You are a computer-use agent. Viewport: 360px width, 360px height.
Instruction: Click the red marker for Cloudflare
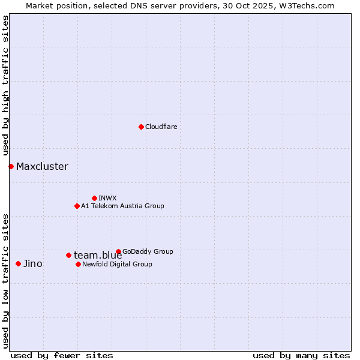click(x=141, y=127)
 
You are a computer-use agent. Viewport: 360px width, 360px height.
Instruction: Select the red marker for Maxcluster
click(x=11, y=166)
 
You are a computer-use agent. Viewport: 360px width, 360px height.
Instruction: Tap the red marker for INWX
click(x=94, y=198)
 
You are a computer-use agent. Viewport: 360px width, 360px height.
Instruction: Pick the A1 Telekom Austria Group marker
click(x=77, y=206)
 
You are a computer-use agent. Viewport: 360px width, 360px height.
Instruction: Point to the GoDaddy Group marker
click(x=118, y=251)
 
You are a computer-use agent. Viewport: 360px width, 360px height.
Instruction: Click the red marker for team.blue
click(x=68, y=255)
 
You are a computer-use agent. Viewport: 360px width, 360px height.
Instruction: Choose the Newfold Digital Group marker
click(x=78, y=264)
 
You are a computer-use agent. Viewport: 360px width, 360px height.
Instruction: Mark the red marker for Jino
click(x=18, y=263)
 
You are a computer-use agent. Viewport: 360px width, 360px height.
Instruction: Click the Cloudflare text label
click(x=161, y=127)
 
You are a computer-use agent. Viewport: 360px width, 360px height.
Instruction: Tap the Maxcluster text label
click(x=42, y=167)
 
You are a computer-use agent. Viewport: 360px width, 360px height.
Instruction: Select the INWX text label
click(x=107, y=198)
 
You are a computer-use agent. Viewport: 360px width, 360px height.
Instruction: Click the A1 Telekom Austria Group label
click(x=122, y=206)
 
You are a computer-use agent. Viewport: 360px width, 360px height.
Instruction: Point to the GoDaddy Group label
click(x=148, y=251)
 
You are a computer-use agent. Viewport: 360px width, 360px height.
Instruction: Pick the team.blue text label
click(x=98, y=256)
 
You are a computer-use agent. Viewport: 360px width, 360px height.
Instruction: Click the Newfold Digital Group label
click(x=117, y=264)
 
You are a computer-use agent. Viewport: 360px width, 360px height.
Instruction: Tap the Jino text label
click(x=32, y=264)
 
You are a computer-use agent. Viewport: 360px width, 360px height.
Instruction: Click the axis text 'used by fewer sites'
click(x=62, y=355)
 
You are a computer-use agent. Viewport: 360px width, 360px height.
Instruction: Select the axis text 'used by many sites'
click(x=301, y=355)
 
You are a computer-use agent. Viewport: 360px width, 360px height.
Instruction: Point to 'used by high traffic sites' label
click(x=5, y=86)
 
